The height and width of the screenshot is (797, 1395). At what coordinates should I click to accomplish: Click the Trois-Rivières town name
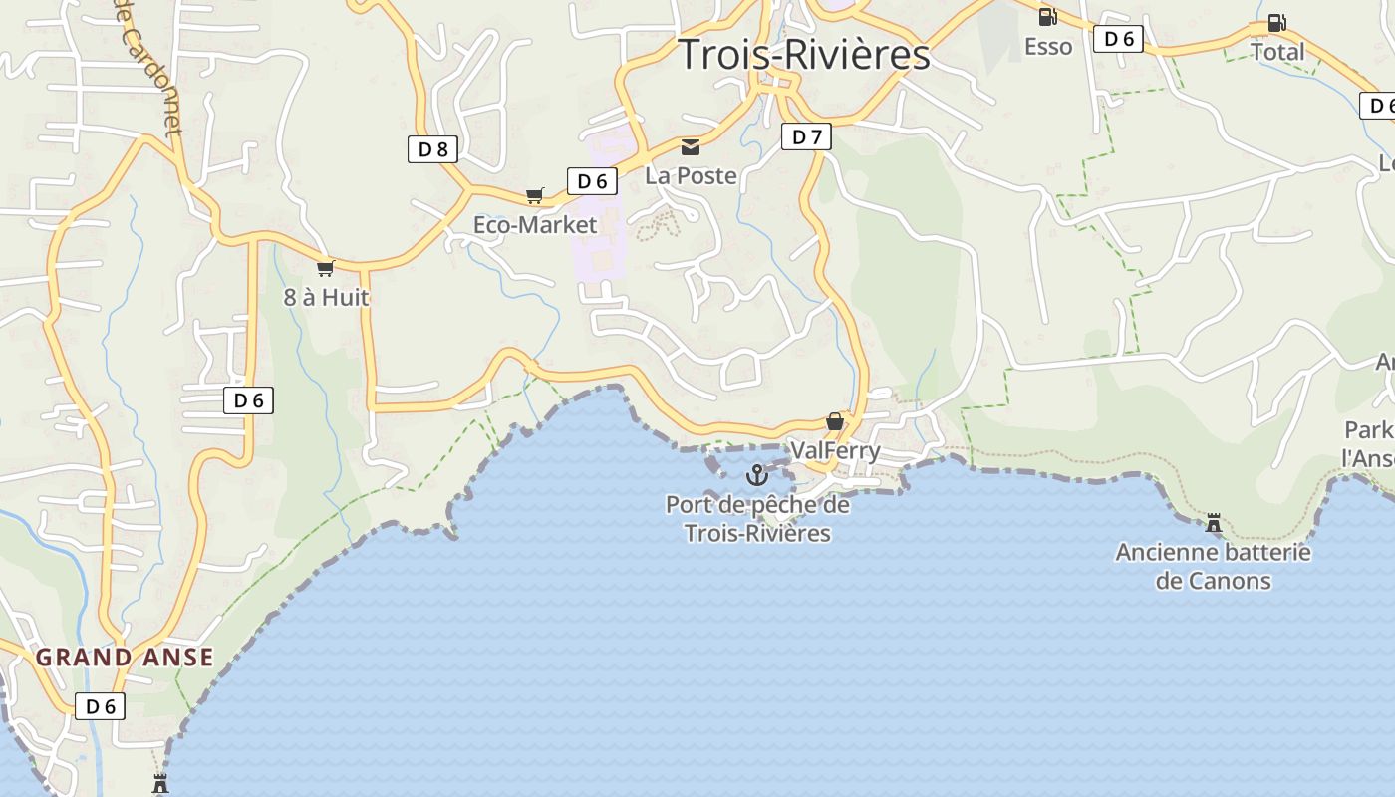(x=803, y=54)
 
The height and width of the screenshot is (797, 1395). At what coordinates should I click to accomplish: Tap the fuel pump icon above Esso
(x=1047, y=16)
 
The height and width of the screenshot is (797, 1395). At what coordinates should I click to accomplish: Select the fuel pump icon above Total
(x=1275, y=23)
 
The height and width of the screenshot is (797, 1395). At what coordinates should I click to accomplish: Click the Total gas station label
(x=1276, y=51)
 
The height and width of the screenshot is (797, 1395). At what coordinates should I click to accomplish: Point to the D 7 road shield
(x=806, y=136)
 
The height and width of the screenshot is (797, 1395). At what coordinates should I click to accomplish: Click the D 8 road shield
(x=432, y=149)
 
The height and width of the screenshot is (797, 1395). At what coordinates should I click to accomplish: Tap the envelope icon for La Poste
(x=690, y=147)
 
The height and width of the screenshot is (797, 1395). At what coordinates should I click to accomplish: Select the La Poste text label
(x=691, y=176)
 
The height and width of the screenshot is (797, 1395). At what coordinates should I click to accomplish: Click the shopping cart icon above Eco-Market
(x=535, y=195)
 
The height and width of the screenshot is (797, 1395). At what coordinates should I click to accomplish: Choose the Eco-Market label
(x=535, y=225)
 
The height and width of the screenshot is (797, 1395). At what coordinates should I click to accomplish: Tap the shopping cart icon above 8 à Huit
(x=325, y=268)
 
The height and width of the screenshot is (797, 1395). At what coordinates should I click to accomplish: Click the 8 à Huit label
(x=326, y=297)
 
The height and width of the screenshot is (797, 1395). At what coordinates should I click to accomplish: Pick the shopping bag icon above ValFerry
(x=835, y=422)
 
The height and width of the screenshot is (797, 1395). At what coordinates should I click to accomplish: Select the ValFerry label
(x=835, y=451)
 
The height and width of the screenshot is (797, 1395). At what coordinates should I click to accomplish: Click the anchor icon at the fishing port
(x=757, y=475)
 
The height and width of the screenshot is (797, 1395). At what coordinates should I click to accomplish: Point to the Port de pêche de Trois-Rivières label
(x=757, y=519)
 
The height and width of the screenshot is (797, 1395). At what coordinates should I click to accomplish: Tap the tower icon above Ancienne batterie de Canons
(x=1214, y=523)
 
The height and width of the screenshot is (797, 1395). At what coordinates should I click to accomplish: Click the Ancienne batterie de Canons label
(x=1213, y=566)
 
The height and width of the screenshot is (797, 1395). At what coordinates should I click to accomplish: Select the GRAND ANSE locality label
(x=125, y=658)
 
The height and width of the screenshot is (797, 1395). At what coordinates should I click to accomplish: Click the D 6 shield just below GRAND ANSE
(x=101, y=706)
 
